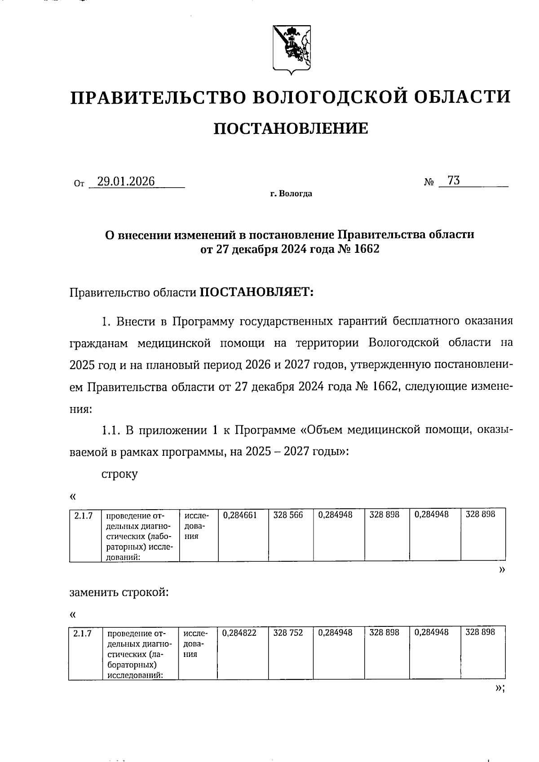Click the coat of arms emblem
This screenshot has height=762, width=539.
tap(291, 49)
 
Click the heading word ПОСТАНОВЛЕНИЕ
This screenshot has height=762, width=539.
tap(291, 128)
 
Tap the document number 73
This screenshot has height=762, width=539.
tap(454, 181)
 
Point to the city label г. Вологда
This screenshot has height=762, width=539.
tap(291, 194)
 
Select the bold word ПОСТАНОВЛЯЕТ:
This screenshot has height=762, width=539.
tap(256, 292)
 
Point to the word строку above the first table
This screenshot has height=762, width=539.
tap(119, 474)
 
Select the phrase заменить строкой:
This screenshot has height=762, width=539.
tap(119, 592)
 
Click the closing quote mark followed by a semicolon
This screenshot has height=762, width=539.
tap(500, 687)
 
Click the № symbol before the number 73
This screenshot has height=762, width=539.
tap(429, 182)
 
